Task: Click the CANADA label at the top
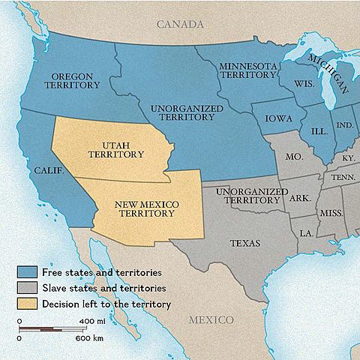180,25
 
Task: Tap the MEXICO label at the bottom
211,319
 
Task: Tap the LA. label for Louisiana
306,233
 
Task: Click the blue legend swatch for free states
28,272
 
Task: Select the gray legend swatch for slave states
28,288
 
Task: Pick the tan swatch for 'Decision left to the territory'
28,304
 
